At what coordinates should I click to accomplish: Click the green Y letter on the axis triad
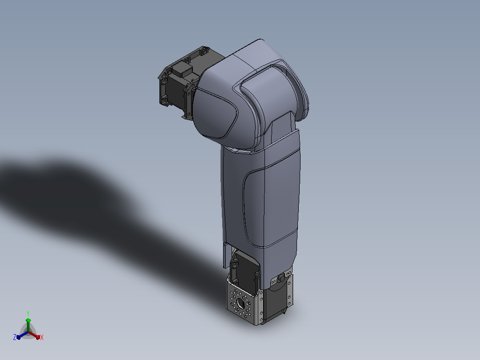[28, 313]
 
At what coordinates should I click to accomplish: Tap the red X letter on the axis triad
[42, 337]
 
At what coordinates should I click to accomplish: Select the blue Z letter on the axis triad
[15, 337]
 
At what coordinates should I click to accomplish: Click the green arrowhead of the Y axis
[28, 320]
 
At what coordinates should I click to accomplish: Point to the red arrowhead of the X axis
[38, 337]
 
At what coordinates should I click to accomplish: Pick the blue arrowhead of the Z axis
[19, 337]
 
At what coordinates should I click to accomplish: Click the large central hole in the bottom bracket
[240, 303]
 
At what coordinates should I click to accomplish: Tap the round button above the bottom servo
[281, 278]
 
